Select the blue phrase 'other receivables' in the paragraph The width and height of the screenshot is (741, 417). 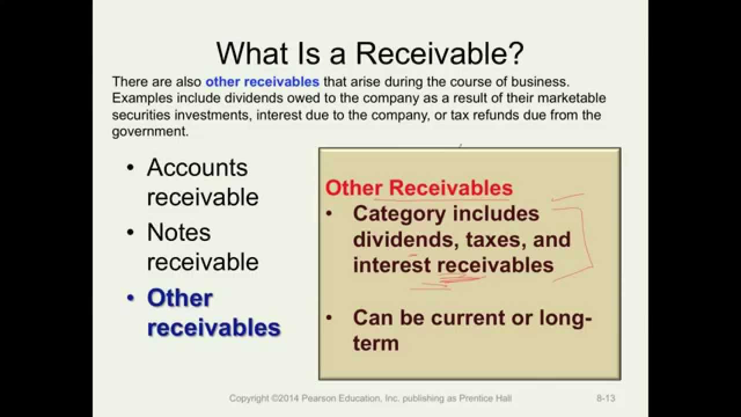pyautogui.click(x=262, y=82)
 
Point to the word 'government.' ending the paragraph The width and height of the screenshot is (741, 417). pyautogui.click(x=150, y=131)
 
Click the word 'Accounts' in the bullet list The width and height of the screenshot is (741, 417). pyautogui.click(x=197, y=167)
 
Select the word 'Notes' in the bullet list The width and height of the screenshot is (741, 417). pyautogui.click(x=178, y=232)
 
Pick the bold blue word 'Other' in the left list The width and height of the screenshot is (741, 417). pyautogui.click(x=180, y=298)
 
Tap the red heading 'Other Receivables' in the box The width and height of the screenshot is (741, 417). pyautogui.click(x=419, y=188)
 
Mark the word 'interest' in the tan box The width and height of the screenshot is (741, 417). pyautogui.click(x=392, y=265)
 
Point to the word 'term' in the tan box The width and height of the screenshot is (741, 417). pyautogui.click(x=376, y=343)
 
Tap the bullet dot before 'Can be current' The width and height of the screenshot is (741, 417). pyautogui.click(x=329, y=318)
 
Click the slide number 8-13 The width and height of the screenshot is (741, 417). pyautogui.click(x=606, y=398)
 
